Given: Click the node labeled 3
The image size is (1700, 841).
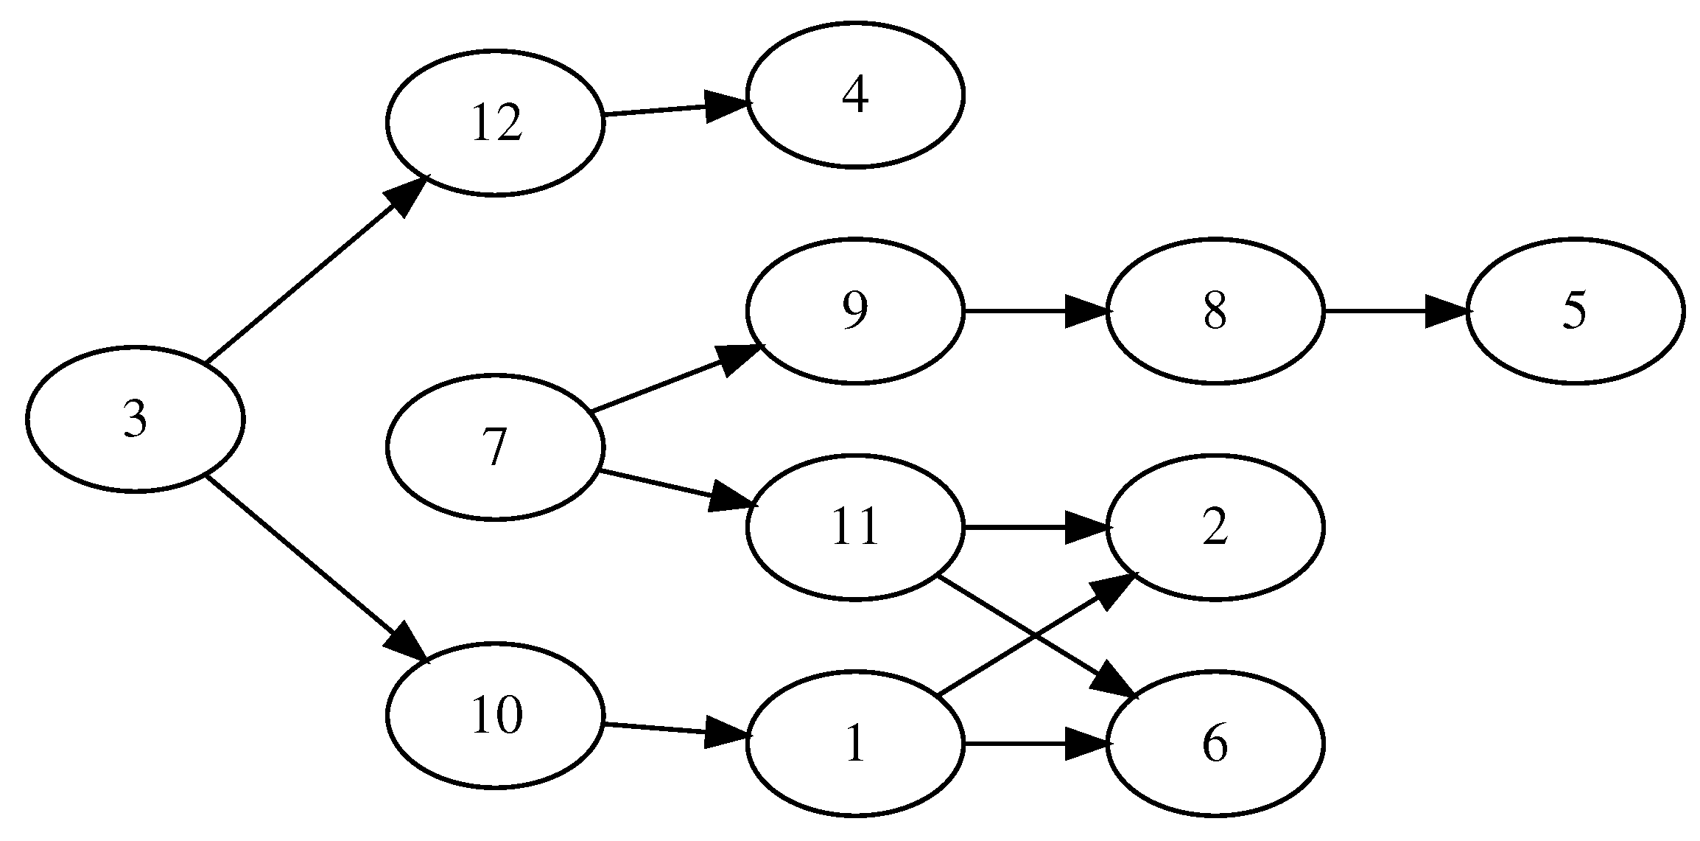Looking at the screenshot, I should tap(135, 419).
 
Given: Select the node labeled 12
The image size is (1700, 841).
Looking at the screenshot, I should tap(495, 123).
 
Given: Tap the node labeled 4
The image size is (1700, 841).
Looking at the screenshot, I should tap(854, 95).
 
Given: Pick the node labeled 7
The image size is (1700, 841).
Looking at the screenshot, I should tap(495, 447).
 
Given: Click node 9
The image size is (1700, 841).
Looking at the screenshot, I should tap(854, 311).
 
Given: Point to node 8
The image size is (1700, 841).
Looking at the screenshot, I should tap(1215, 311).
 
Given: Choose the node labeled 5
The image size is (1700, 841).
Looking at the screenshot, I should tap(1574, 311).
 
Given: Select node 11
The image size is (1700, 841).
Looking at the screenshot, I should tap(854, 528).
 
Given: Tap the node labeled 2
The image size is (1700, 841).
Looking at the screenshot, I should tap(1215, 528).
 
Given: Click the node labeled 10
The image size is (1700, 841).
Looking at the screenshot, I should tap(495, 716).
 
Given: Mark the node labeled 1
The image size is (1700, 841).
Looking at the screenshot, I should tap(854, 744).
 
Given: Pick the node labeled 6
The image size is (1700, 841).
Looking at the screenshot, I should tap(1215, 744).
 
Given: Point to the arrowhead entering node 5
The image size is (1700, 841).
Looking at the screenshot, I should tap(1447, 311).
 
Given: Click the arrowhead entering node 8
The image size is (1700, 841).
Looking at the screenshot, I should tap(1087, 311).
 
